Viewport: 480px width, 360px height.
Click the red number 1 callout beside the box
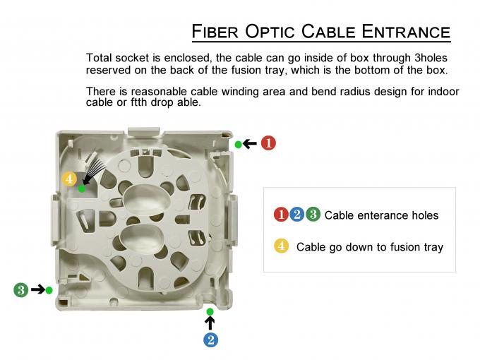(268, 143)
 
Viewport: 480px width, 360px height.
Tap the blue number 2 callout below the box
(210, 340)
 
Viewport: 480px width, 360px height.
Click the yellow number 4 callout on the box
(69, 179)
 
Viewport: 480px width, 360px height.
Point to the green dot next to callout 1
(239, 144)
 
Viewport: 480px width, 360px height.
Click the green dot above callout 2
(210, 311)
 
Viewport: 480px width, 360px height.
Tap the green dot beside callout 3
(49, 290)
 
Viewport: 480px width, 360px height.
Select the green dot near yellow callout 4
(82, 188)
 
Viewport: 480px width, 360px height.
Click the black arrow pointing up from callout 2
(210, 323)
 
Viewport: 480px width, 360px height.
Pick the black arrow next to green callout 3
(37, 289)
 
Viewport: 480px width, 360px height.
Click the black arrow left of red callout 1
(251, 143)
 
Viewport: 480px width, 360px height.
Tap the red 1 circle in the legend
(280, 215)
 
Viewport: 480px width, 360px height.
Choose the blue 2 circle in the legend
(296, 215)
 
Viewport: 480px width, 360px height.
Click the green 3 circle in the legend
(313, 215)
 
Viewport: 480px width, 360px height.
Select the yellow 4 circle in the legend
(281, 246)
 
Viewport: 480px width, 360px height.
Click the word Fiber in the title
(215, 32)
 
